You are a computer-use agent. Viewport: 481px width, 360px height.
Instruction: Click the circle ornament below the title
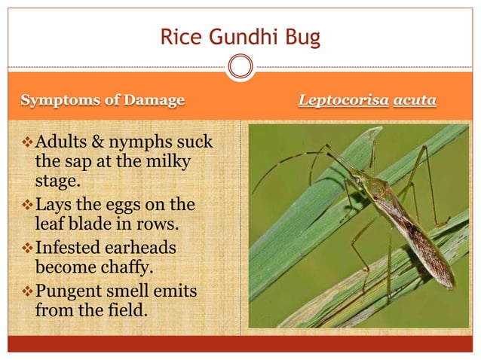tap(240, 68)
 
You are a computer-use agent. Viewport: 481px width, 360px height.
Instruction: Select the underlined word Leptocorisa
tap(343, 100)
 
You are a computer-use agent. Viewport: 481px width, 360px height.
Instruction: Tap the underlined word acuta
tap(415, 100)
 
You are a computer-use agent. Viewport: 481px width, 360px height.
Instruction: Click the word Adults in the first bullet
tap(61, 142)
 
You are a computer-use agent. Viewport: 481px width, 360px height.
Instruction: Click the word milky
tap(170, 162)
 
